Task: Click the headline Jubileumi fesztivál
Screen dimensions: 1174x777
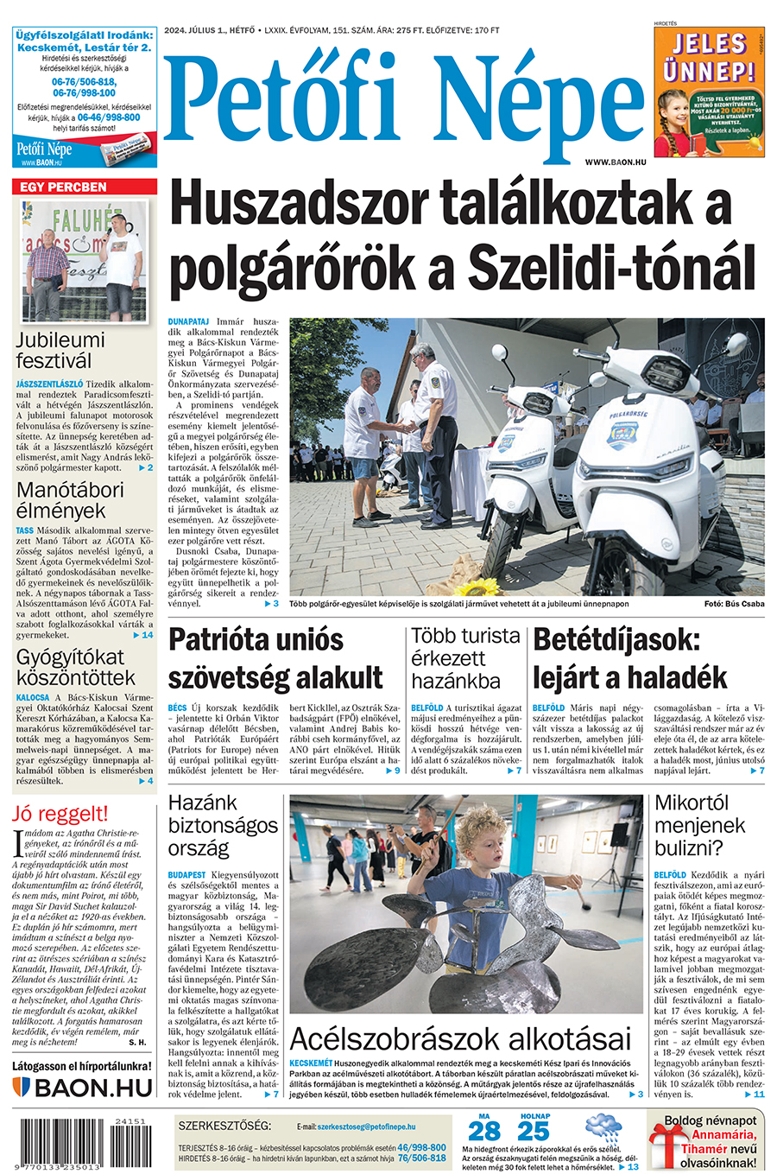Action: pos(60,350)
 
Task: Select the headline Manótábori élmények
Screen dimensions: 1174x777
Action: pos(70,500)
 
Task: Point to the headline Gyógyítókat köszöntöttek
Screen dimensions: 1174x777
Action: pos(76,667)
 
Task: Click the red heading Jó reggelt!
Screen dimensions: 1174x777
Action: pos(60,813)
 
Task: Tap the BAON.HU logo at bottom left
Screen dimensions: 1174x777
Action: pos(83,1088)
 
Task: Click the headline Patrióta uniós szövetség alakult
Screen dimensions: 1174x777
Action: pos(275,658)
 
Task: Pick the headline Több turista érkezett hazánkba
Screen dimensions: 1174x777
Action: pos(465,658)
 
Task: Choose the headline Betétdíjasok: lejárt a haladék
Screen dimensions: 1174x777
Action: pos(630,658)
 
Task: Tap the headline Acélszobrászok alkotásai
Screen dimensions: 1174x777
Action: pos(460,1038)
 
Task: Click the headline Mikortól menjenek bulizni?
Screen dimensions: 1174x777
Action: pos(698,825)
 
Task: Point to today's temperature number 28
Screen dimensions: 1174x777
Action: pos(483,1130)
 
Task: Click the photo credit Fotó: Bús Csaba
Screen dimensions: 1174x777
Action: pos(734,604)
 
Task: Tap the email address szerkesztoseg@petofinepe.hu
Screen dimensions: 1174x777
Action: pos(366,1126)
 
